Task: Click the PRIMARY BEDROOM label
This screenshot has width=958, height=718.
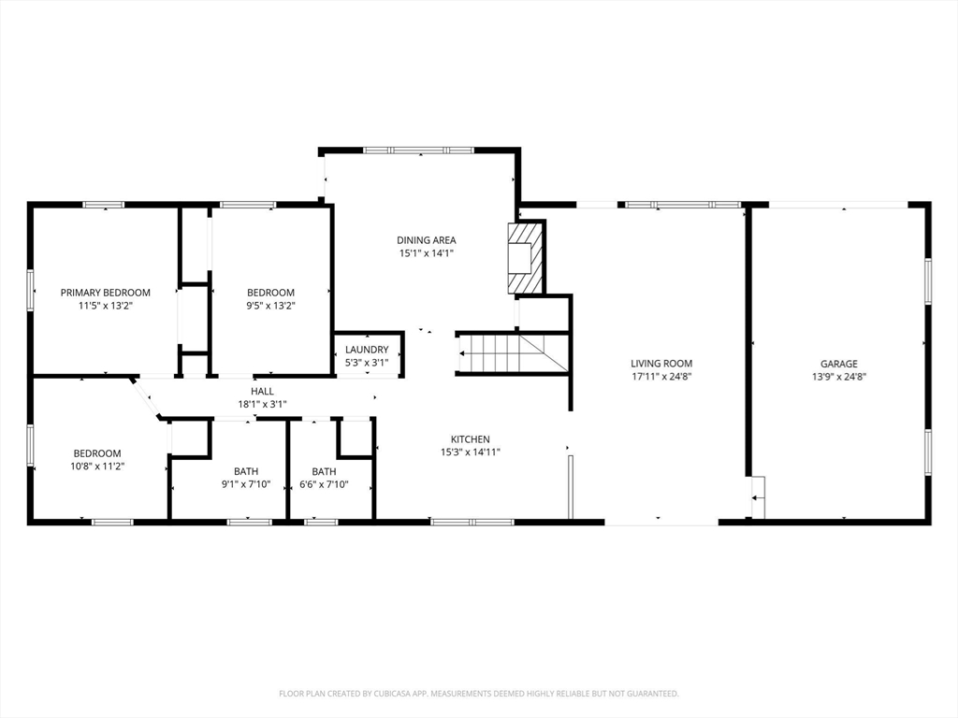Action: (x=105, y=293)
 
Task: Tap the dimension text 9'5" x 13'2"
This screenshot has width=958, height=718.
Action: (x=270, y=306)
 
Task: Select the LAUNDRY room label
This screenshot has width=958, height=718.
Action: (x=366, y=350)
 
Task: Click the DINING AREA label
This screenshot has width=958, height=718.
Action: (x=426, y=240)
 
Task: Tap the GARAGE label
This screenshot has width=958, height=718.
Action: (x=838, y=364)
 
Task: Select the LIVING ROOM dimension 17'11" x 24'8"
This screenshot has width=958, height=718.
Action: (x=660, y=377)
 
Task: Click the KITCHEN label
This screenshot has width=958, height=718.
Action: (x=470, y=439)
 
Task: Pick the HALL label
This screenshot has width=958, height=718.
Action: (x=262, y=392)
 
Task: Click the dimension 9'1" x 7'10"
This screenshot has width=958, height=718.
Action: (x=246, y=484)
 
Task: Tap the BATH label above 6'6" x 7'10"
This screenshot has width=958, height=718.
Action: (x=324, y=471)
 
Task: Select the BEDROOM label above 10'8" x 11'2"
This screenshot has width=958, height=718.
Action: (x=98, y=453)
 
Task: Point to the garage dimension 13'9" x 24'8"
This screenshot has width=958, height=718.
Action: (x=838, y=377)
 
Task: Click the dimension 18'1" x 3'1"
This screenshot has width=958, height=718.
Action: (x=262, y=405)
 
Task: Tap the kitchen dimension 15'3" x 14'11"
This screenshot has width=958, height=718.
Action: (x=470, y=452)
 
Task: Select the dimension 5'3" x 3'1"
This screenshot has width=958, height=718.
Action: (x=366, y=362)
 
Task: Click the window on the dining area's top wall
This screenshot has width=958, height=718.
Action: (x=418, y=150)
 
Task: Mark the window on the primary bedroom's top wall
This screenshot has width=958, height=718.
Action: (x=103, y=204)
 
